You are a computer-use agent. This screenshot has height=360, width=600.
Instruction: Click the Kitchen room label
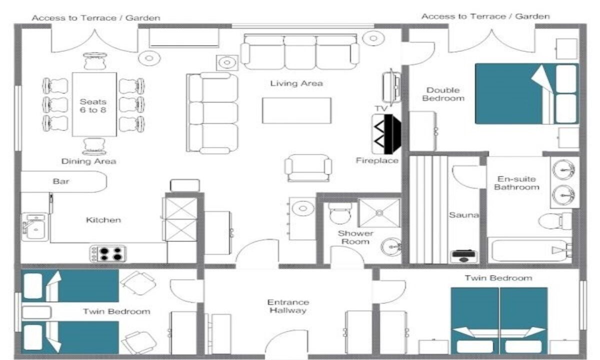tap(103, 220)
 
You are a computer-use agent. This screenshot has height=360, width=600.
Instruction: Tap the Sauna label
tap(464, 215)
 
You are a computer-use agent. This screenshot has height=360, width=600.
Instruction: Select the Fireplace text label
tap(377, 160)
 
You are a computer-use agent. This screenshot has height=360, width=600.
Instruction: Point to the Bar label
tap(61, 181)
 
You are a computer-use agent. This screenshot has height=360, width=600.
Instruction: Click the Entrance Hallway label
tap(288, 306)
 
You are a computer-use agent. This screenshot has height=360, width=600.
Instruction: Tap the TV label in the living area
tap(381, 108)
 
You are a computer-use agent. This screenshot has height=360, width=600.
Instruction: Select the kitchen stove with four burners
tap(108, 253)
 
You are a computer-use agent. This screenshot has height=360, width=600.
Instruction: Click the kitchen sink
tap(35, 227)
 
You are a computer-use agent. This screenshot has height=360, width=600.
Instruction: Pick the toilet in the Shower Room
tap(340, 213)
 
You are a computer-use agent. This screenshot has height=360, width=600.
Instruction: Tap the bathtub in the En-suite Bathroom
tap(530, 250)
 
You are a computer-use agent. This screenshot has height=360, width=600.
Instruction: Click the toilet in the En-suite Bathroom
tap(555, 221)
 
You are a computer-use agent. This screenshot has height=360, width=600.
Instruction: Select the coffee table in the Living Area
tap(297, 110)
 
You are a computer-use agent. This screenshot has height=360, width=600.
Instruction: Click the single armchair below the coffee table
tap(308, 168)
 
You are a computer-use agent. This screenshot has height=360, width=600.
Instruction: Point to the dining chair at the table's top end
tap(95, 61)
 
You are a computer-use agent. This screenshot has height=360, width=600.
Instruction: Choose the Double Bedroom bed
tap(527, 94)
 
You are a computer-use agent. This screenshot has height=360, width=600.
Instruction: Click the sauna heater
tap(463, 256)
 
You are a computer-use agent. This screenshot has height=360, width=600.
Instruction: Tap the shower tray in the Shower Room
tap(379, 213)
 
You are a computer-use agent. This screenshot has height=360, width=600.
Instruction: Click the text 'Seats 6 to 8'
tap(93, 106)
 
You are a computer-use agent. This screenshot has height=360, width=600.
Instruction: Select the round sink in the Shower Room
tap(391, 247)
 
